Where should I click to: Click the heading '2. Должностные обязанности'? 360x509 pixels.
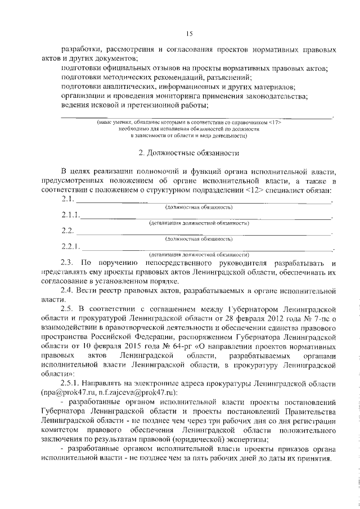tap(189, 152)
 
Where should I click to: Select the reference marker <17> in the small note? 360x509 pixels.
tap(274, 122)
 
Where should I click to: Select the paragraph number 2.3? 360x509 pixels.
tap(67, 263)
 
